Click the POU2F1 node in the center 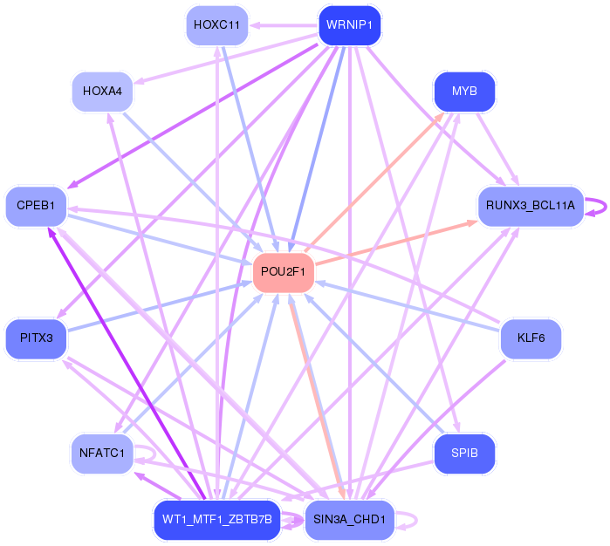(x=283, y=271)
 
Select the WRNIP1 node (x=349, y=24)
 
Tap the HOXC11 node (x=216, y=24)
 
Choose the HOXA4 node (x=102, y=91)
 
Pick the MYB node (x=464, y=91)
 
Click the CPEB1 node (x=36, y=206)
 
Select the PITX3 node (x=36, y=337)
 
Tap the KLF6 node (x=531, y=337)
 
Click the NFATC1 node (x=102, y=453)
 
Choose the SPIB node (x=464, y=453)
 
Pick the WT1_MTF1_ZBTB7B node (x=216, y=519)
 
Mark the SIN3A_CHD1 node (x=349, y=519)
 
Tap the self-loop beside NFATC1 (x=150, y=453)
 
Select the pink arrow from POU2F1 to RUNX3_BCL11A (x=397, y=242)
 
